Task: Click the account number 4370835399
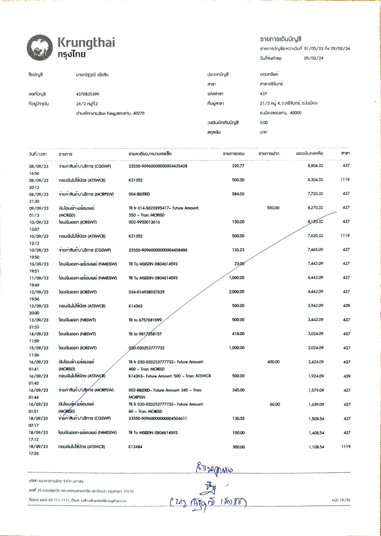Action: pyautogui.click(x=85, y=94)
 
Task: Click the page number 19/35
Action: pyautogui.click(x=339, y=500)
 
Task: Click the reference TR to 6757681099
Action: pyautogui.click(x=145, y=320)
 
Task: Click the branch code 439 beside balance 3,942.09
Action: pyautogui.click(x=346, y=306)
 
